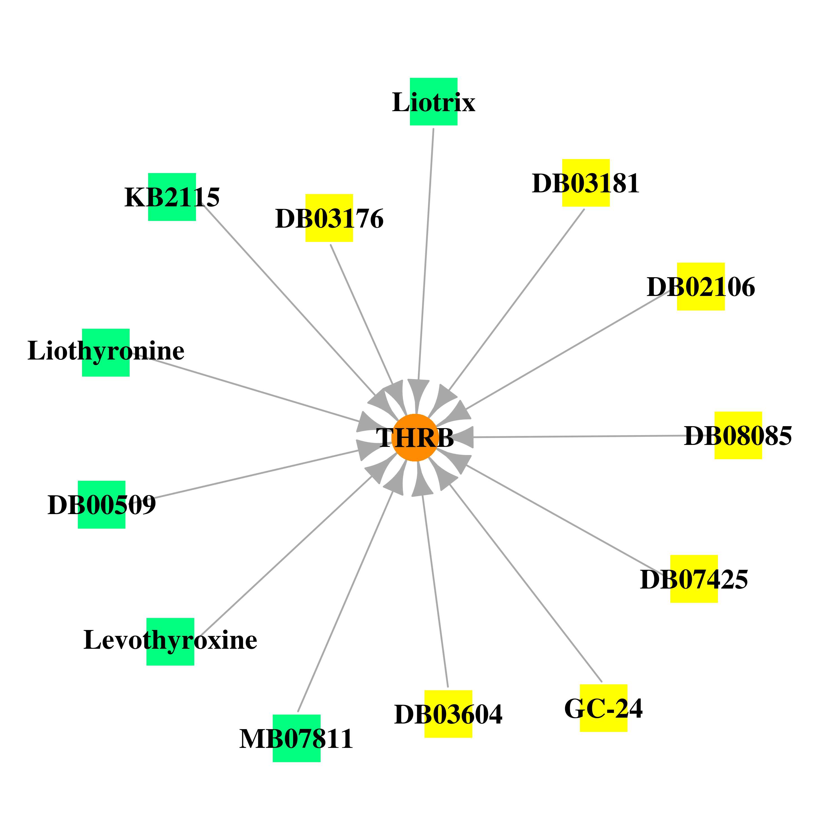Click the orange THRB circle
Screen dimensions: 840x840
click(x=415, y=437)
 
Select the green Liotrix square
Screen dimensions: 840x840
click(x=433, y=102)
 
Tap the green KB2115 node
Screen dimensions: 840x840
click(x=172, y=197)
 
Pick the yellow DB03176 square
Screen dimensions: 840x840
click(x=329, y=218)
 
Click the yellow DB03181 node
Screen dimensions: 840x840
click(x=586, y=183)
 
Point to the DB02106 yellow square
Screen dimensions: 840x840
click(x=701, y=286)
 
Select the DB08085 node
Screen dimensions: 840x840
click(x=738, y=435)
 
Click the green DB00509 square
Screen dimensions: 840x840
click(x=102, y=505)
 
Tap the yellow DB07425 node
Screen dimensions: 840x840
click(x=694, y=579)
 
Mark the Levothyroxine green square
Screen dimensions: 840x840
click(x=171, y=642)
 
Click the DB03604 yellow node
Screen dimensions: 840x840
click(x=448, y=714)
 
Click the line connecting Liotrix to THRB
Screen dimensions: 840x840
click(x=426, y=254)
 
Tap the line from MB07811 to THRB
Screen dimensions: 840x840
click(x=345, y=601)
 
